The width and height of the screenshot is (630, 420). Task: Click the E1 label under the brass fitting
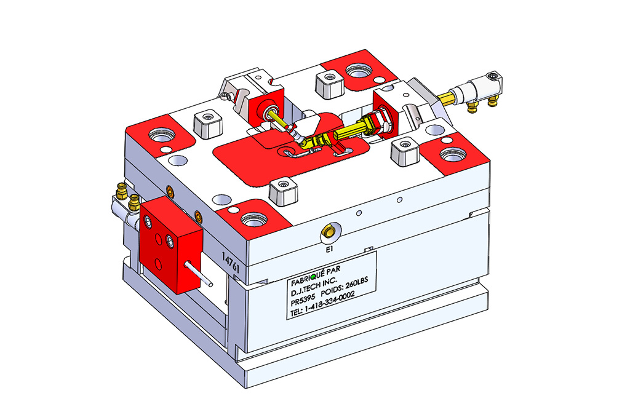[330, 250]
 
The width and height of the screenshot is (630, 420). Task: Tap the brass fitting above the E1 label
[329, 232]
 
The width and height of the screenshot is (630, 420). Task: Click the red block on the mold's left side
[171, 245]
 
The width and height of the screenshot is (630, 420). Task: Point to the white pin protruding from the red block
[199, 274]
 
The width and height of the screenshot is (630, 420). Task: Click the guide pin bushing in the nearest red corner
[254, 220]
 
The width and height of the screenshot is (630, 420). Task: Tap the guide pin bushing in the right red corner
[453, 154]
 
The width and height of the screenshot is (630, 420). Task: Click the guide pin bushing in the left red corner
[162, 135]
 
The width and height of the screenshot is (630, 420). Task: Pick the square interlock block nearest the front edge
[284, 191]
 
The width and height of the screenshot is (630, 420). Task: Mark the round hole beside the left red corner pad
[178, 160]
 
